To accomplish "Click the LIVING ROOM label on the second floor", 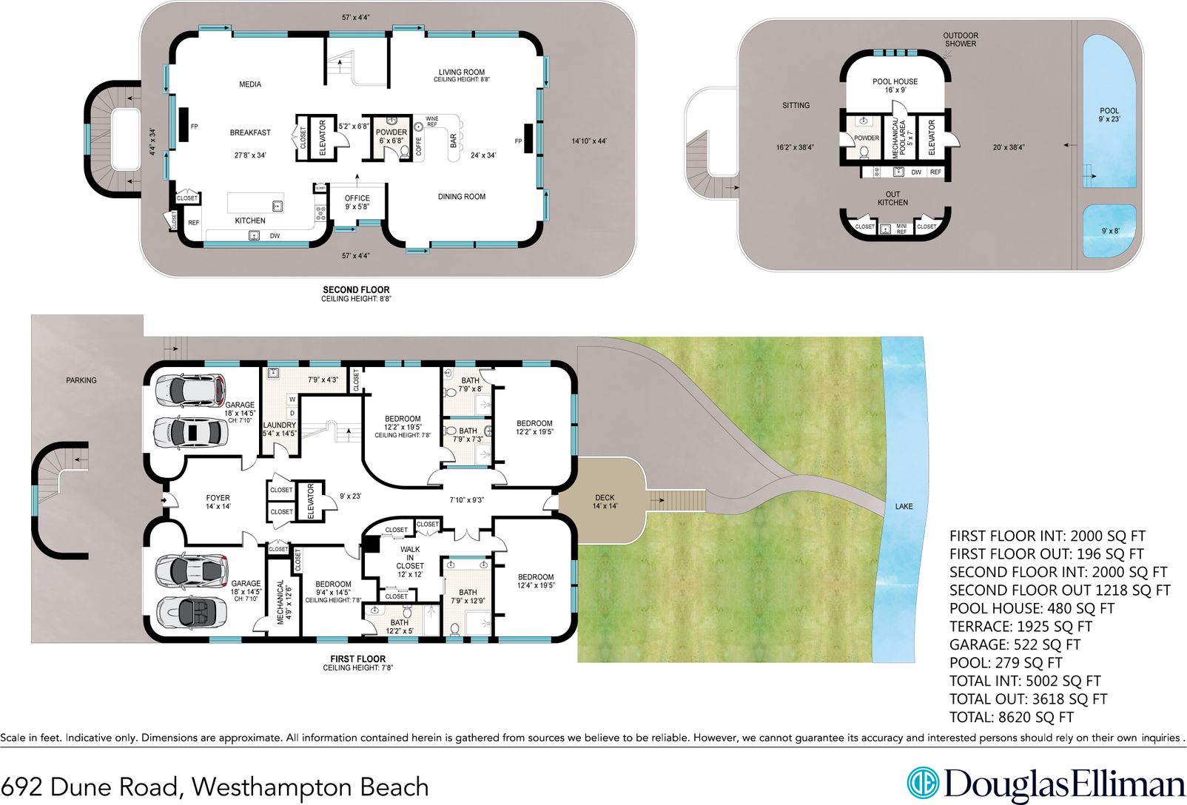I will coord(461,73).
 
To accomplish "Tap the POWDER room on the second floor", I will coord(391,136).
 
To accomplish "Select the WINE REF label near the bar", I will coord(431,121).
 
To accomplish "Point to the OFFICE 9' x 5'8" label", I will coord(357,202).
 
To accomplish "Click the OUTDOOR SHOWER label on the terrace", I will coord(960,39).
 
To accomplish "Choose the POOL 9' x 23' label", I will coord(1109,115).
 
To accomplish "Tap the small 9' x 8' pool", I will coord(1109,231).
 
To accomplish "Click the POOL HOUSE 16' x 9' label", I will coord(895,86).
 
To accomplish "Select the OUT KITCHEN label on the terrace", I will coord(892,198).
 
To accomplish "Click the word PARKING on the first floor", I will coord(81,380).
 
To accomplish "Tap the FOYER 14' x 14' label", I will coord(218,502).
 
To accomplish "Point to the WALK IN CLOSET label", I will coord(409,562).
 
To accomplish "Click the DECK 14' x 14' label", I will coord(605,502).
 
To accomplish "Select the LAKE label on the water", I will coord(904,506).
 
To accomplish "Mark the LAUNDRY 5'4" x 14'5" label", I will coord(279,429).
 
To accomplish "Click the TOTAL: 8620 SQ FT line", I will coord(1011,717).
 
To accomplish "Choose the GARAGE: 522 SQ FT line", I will coord(1015,644).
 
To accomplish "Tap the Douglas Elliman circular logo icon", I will coord(923,784).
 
